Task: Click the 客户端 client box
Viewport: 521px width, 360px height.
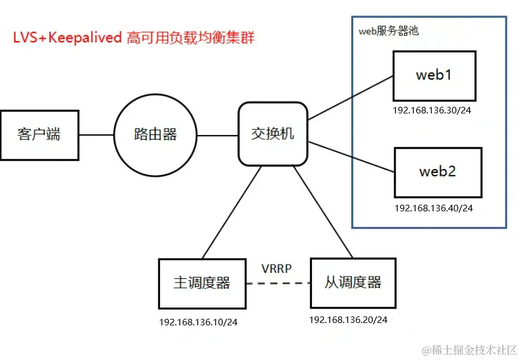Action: pos(39,135)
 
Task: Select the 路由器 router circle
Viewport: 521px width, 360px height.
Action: pos(155,135)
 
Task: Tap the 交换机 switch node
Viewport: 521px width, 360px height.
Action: pos(273,134)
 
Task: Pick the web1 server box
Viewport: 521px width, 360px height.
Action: pos(434,76)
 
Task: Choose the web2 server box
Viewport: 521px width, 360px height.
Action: pos(437,172)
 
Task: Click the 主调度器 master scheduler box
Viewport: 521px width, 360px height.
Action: pos(202,282)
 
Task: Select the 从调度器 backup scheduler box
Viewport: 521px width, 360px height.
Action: pos(353,282)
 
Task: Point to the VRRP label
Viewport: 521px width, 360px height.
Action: pos(276,268)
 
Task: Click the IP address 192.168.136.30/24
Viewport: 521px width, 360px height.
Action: pos(431,111)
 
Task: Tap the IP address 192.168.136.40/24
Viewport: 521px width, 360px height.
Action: pos(434,208)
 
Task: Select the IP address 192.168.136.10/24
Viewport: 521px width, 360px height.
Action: pos(198,322)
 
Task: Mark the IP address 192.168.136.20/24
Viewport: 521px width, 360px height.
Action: pos(348,319)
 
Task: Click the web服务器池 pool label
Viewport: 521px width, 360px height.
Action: pos(388,31)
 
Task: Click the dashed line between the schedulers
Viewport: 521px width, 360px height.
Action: pos(278,282)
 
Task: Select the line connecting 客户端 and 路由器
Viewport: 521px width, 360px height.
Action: pos(97,135)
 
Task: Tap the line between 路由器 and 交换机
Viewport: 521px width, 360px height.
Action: pos(217,135)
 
